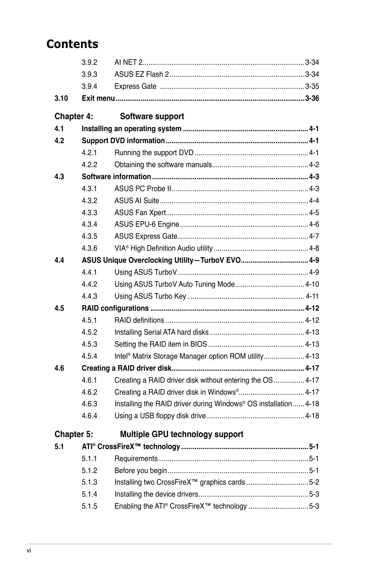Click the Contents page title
tap(72, 44)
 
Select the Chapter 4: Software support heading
tap(119, 116)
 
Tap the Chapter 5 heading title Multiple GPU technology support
tap(181, 434)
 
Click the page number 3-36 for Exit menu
tap(312, 98)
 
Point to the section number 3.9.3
tap(89, 74)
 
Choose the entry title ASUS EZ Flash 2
tap(141, 74)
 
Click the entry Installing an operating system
tap(131, 129)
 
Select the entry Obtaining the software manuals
tap(163, 165)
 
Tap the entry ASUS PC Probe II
tap(143, 189)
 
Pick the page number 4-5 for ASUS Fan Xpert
tap(314, 213)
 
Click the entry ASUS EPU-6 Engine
tap(147, 224)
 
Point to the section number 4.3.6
tap(89, 248)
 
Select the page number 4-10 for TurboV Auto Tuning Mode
tap(312, 284)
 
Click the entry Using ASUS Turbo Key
tap(150, 296)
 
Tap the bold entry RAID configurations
tap(115, 308)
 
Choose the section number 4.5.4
tap(89, 356)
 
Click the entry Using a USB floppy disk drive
tap(160, 416)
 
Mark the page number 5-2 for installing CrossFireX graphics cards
tap(314, 482)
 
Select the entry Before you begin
tap(141, 471)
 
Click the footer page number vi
tap(29, 551)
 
